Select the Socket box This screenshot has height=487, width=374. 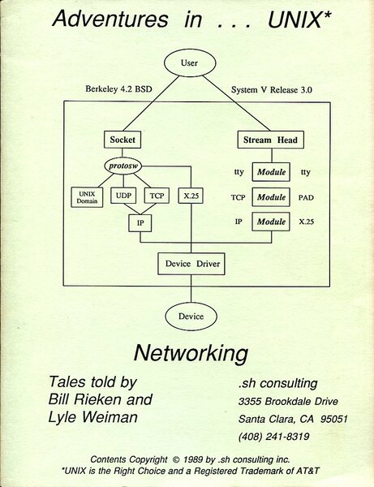tap(123, 140)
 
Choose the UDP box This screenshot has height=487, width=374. tap(123, 196)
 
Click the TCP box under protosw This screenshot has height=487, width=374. tap(156, 196)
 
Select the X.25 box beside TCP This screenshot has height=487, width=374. tap(191, 196)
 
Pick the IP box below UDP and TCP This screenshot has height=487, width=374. tap(140, 221)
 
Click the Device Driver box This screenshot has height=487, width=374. tap(191, 263)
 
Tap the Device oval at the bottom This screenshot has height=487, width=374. tap(191, 316)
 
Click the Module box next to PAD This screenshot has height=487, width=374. tap(270, 196)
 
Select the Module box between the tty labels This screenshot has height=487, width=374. tap(270, 171)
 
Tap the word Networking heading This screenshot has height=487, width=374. tap(190, 354)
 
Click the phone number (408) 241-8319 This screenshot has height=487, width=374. tap(273, 435)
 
